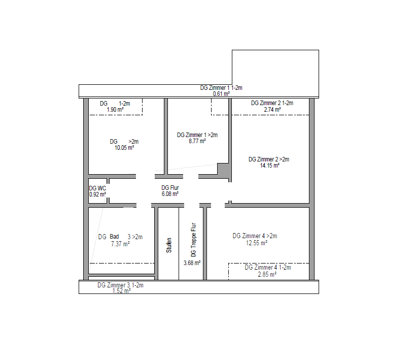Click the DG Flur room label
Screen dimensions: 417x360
pos(170,188)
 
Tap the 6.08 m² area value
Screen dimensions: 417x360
pos(170,194)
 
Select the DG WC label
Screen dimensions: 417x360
pos(97,188)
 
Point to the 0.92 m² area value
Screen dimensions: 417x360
pos(97,194)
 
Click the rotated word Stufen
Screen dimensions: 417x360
pos(169,245)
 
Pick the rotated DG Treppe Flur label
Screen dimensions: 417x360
pos(193,240)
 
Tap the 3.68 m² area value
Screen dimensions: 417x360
pos(192,263)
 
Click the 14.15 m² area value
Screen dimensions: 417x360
pos(270,166)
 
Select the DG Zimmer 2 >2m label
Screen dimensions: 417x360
pos(269,159)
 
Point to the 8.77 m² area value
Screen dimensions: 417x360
pos(197,141)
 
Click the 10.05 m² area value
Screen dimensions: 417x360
pos(124,148)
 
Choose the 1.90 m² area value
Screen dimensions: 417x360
pos(115,110)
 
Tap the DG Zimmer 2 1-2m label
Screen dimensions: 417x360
pos(272,103)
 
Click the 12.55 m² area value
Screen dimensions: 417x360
pos(257,243)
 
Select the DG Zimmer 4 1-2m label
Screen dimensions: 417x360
pos(268,268)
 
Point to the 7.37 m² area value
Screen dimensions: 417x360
pos(120,244)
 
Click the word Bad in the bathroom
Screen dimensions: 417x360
pos(114,237)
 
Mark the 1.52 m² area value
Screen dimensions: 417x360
pos(122,290)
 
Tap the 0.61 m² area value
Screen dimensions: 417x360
pos(221,94)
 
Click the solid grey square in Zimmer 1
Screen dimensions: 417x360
pos(223,169)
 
